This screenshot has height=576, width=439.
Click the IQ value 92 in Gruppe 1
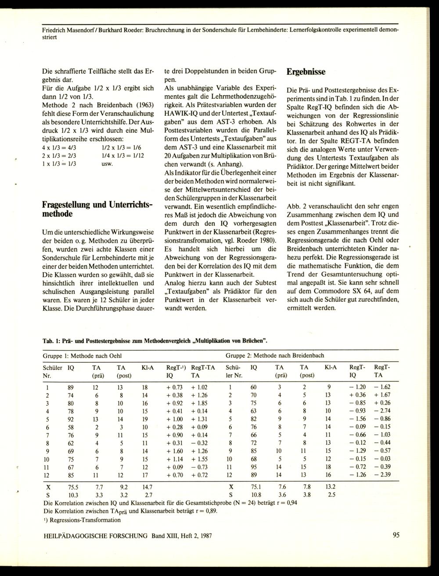coord(71,419)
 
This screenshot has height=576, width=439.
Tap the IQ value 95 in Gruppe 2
coord(254,466)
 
